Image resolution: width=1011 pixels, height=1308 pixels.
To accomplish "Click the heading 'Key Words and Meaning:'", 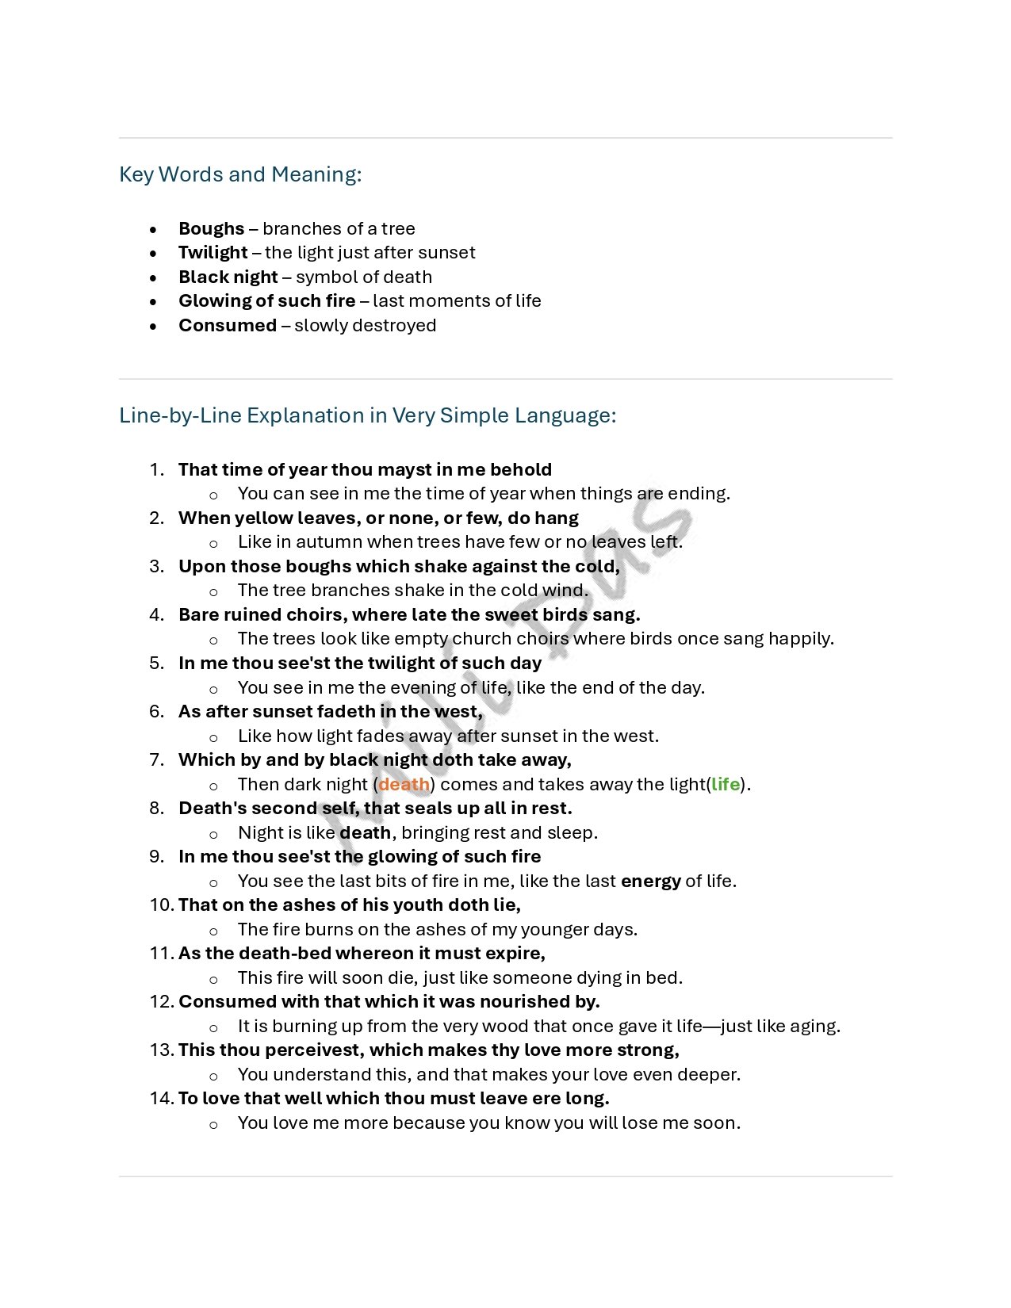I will [240, 174].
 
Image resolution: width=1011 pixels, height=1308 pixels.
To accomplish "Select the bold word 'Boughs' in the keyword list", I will [211, 228].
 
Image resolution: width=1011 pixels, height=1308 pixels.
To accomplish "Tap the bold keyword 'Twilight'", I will [213, 253].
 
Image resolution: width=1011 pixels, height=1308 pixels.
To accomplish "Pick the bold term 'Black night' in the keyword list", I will [228, 277].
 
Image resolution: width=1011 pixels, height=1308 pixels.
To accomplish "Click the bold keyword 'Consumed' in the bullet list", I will [228, 325].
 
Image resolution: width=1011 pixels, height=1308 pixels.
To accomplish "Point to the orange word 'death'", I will [404, 784].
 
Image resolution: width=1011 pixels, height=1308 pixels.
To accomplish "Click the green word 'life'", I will [725, 784].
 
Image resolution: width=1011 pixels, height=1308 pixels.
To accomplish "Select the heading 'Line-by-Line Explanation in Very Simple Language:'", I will [367, 415].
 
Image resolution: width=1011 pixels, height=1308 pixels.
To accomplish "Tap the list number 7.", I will [156, 760].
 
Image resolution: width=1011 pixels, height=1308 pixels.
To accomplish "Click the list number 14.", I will [160, 1099].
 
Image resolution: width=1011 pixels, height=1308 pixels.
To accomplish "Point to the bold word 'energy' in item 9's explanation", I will [650, 881].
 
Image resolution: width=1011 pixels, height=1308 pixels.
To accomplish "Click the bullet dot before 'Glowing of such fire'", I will [153, 302].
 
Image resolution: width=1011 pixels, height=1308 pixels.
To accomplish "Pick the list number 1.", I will [156, 470].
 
